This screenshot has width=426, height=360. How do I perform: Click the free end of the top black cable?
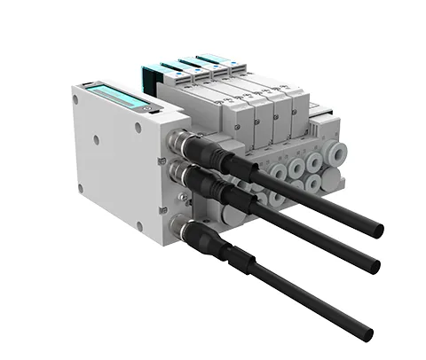[x=378, y=231]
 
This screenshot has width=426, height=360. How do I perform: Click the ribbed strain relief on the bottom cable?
[x=238, y=257]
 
